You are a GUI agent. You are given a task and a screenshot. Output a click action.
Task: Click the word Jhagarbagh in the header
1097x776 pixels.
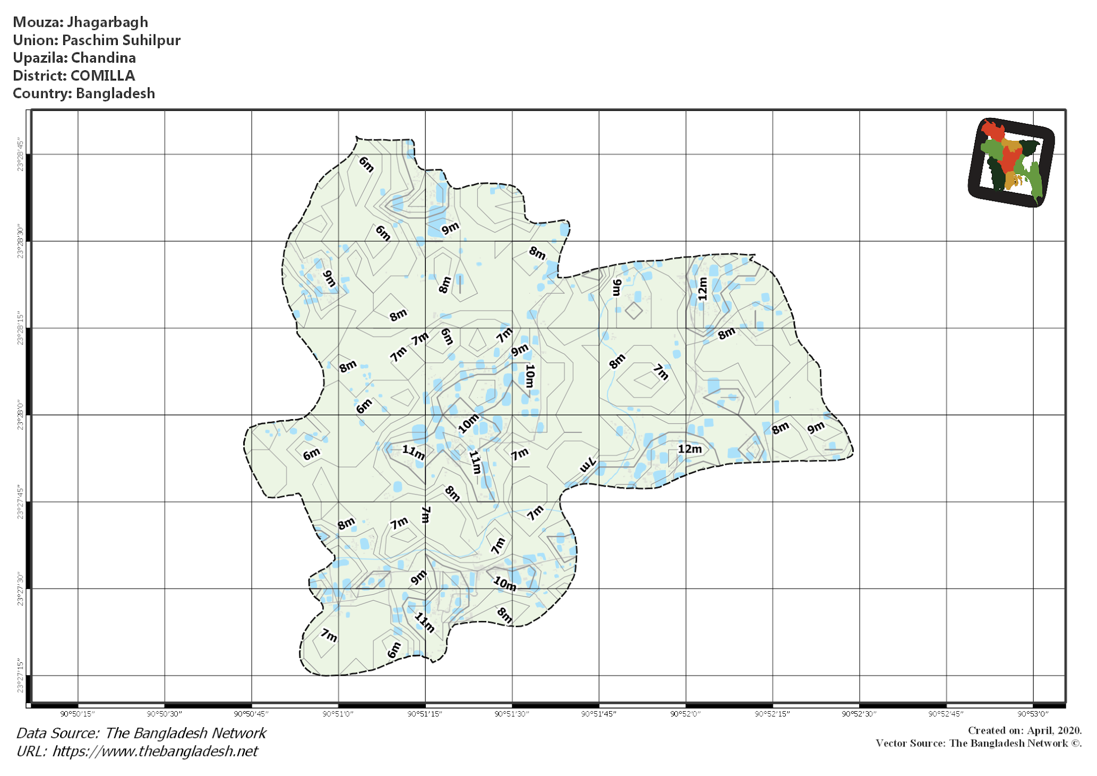click(107, 23)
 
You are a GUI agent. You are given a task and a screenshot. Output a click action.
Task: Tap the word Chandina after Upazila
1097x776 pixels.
click(103, 58)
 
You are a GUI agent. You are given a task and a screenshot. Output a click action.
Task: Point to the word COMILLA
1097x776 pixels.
click(103, 76)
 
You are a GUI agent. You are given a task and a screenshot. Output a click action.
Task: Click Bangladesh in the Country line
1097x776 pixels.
click(115, 93)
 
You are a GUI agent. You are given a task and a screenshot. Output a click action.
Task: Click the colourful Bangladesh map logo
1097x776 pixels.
click(1011, 162)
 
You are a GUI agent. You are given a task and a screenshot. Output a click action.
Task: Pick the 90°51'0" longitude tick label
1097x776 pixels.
click(338, 714)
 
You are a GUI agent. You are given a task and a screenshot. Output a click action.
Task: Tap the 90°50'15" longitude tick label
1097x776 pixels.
click(78, 714)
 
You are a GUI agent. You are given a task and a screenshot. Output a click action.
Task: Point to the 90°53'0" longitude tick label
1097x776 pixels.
click(1032, 714)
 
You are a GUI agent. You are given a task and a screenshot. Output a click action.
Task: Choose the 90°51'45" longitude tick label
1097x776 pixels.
click(598, 714)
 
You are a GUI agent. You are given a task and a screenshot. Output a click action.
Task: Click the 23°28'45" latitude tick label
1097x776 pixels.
click(20, 155)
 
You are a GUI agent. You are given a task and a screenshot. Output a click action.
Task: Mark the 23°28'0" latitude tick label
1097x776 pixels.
click(20, 415)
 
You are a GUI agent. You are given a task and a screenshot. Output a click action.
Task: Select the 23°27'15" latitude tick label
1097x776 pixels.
click(20, 676)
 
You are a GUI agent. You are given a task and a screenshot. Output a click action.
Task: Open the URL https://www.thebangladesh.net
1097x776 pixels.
click(155, 751)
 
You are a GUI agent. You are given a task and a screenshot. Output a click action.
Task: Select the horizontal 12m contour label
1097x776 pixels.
click(689, 449)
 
